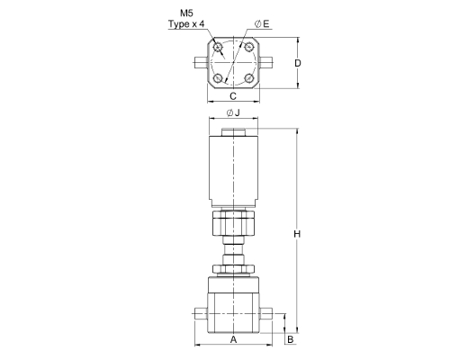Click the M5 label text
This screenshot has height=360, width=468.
pyautogui.click(x=186, y=13)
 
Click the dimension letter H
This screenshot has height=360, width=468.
pyautogui.click(x=297, y=234)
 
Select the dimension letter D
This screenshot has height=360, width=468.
pyautogui.click(x=298, y=63)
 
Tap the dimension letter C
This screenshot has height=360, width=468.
pyautogui.click(x=233, y=96)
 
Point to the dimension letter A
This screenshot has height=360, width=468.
pyautogui.click(x=233, y=339)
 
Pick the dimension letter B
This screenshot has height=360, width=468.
pyautogui.click(x=291, y=339)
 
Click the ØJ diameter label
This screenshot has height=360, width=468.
pyautogui.click(x=233, y=112)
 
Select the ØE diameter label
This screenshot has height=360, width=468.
pyautogui.click(x=262, y=24)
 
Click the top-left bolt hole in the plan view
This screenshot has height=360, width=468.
pyautogui.click(x=218, y=47)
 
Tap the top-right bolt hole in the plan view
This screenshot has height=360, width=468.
pyautogui.click(x=248, y=47)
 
